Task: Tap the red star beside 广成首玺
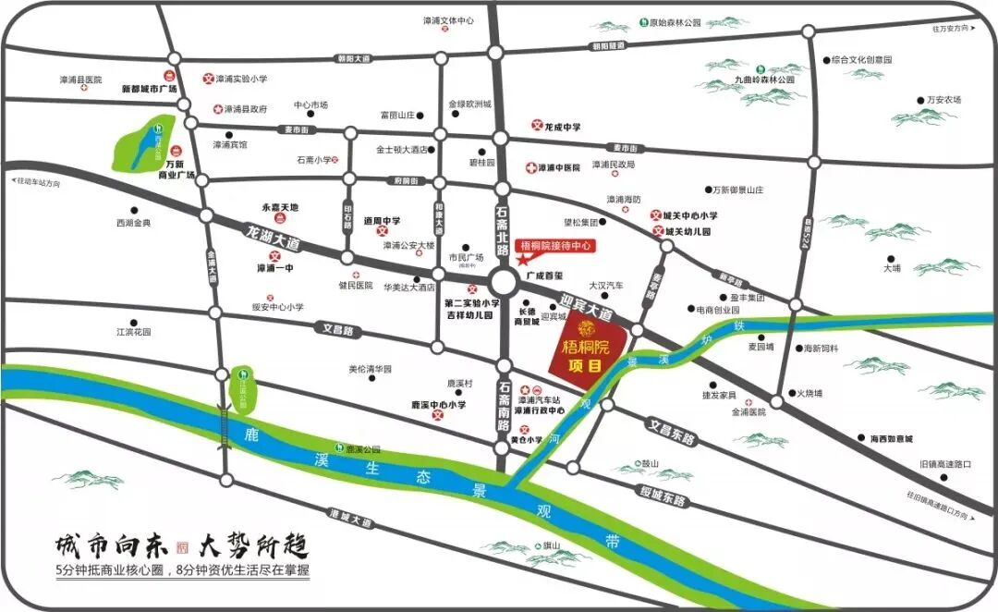[524, 262]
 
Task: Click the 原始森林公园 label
[675, 23]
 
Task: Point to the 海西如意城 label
[891, 438]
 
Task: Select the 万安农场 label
[944, 99]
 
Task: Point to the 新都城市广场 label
[149, 90]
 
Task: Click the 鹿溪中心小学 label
[439, 404]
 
